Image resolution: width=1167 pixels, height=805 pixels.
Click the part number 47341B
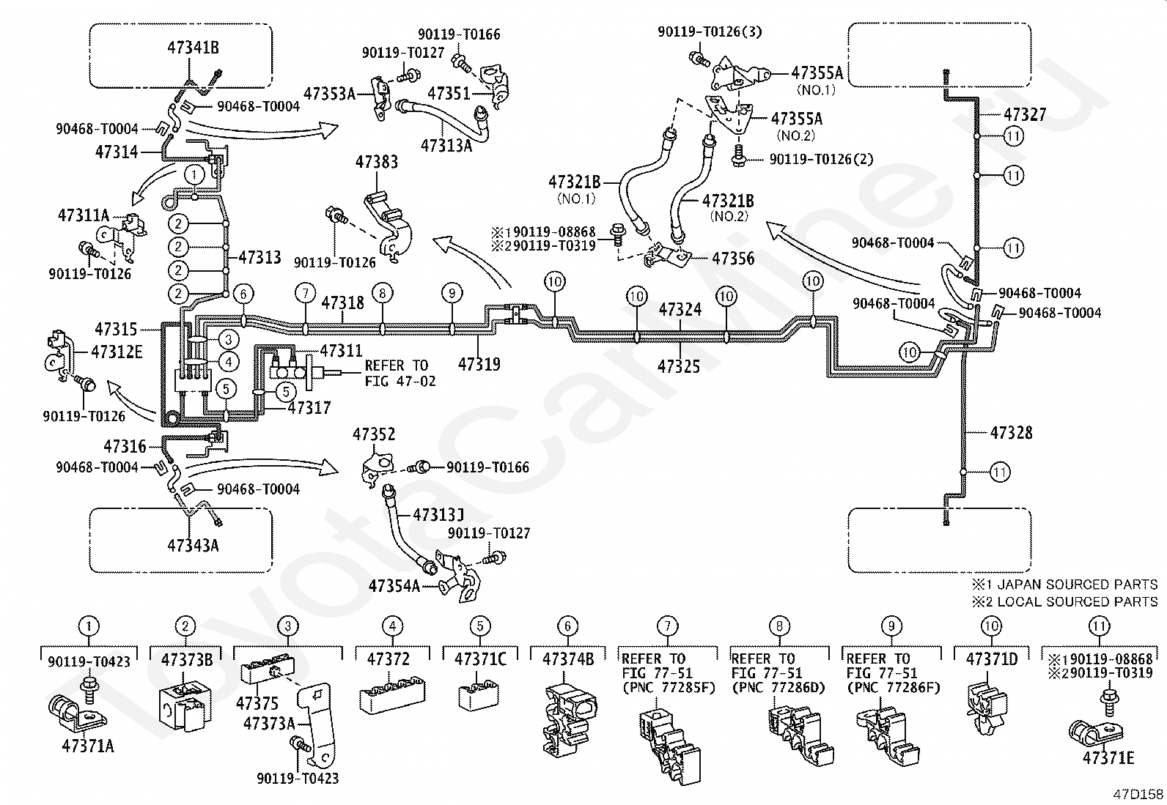click(193, 48)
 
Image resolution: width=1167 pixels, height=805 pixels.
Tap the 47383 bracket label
click(377, 162)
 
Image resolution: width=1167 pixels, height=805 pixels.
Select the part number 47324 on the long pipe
click(680, 309)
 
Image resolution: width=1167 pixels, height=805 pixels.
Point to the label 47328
click(1011, 433)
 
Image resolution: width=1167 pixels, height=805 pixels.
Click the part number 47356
click(733, 259)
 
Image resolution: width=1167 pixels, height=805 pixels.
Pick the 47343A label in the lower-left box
click(193, 546)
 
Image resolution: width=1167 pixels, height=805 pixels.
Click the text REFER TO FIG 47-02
click(400, 374)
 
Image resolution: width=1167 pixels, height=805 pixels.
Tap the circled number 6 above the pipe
click(243, 294)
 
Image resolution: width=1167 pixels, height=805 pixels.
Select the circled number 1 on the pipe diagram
click(194, 174)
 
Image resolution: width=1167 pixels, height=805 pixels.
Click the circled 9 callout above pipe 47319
click(452, 293)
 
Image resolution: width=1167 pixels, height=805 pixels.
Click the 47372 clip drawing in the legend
click(391, 694)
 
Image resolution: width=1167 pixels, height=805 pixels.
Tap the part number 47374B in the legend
click(568, 659)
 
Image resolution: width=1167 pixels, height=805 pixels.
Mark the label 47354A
click(394, 586)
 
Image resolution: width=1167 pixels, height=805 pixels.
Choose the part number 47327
click(1025, 114)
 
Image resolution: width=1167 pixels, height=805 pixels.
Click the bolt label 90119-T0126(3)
click(710, 32)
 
